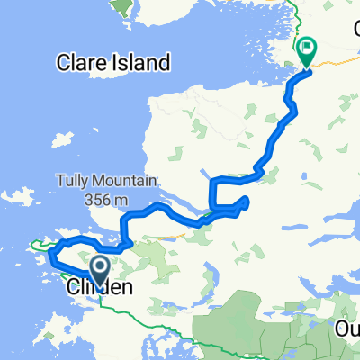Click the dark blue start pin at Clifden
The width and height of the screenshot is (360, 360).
[100, 266]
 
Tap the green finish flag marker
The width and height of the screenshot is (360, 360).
[306, 50]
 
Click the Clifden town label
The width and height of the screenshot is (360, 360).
[99, 288]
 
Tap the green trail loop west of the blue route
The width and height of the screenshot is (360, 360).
[40, 243]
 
